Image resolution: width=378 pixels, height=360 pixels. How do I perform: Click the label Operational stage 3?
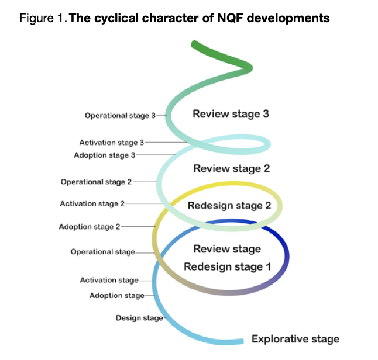[120, 116]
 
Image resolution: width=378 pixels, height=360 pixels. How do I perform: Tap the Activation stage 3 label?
[111, 143]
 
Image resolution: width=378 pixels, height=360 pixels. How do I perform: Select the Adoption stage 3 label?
[105, 155]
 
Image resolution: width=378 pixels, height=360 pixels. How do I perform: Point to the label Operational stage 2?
[96, 182]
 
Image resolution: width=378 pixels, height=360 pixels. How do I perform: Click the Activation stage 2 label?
[92, 204]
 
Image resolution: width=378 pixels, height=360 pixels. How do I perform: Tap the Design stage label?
[139, 318]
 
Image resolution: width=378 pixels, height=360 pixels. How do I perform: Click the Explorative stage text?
[295, 339]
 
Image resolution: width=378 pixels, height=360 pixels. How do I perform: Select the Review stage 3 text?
[231, 113]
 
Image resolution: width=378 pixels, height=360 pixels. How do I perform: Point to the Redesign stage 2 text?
[229, 206]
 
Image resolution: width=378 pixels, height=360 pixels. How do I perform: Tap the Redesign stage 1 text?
[228, 267]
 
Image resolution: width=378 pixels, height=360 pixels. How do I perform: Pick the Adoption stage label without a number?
[116, 296]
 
